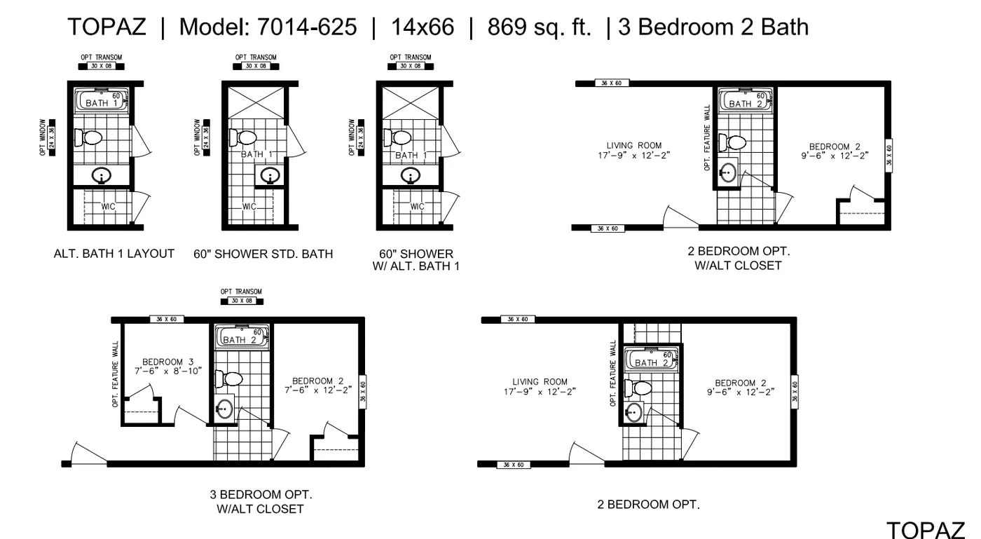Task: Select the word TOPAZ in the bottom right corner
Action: (926, 529)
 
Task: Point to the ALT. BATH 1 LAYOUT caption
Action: (114, 254)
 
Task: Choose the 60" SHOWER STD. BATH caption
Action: (263, 254)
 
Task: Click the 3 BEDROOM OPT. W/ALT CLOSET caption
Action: (260, 501)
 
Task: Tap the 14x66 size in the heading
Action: (423, 27)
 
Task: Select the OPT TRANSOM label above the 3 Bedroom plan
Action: (241, 292)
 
